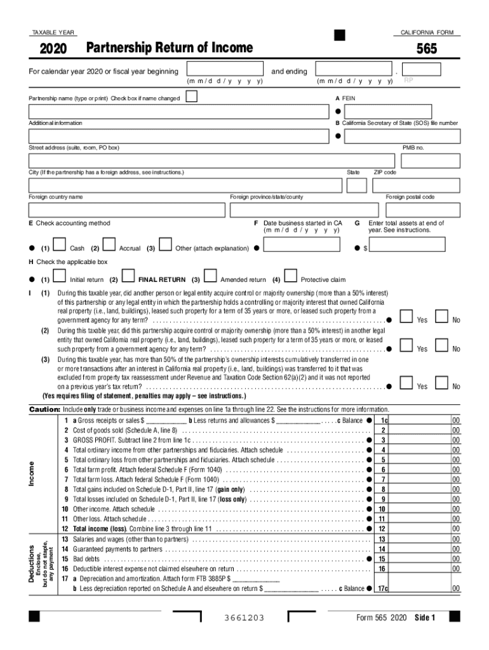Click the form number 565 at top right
tap(426, 48)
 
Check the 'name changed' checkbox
tap(190, 97)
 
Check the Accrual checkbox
tap(109, 244)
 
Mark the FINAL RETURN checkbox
tap(128, 276)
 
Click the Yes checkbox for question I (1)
tap(406, 317)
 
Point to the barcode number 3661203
tap(244, 618)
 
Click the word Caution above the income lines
tap(44, 409)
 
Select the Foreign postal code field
tap(422, 210)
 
